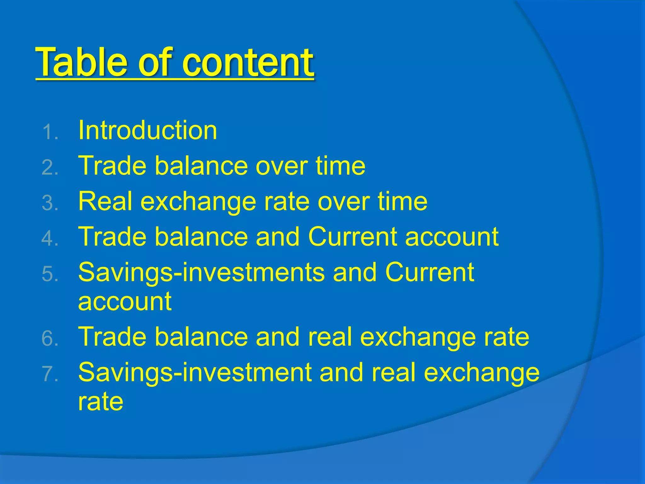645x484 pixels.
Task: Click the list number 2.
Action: click(x=50, y=167)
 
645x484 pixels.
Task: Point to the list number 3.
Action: click(x=50, y=203)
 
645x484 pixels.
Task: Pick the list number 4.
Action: click(x=50, y=239)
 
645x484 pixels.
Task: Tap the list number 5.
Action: click(x=50, y=274)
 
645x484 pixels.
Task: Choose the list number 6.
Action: click(x=50, y=339)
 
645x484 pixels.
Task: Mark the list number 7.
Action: click(x=50, y=374)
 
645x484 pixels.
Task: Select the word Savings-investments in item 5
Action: click(x=201, y=273)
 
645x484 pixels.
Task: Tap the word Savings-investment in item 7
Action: click(x=195, y=373)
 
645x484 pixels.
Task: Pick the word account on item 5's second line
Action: click(x=125, y=302)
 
